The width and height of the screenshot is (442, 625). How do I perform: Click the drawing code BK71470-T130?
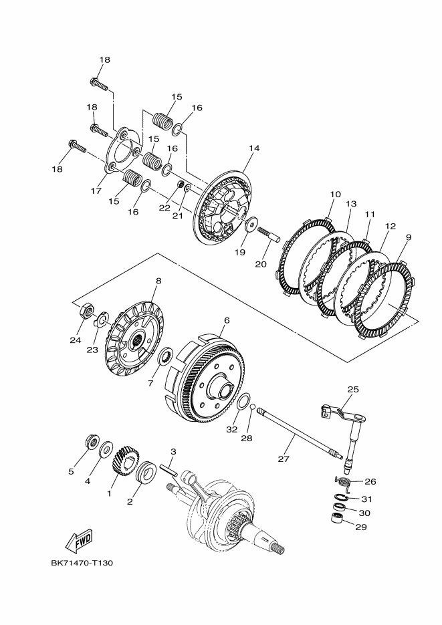(x=82, y=563)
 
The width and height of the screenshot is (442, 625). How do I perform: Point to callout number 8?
(x=158, y=281)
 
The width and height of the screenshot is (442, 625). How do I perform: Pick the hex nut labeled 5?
(x=92, y=443)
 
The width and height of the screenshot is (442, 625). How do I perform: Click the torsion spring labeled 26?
(x=342, y=481)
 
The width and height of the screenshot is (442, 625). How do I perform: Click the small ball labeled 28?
(x=252, y=406)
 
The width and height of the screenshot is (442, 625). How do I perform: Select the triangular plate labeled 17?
(x=123, y=154)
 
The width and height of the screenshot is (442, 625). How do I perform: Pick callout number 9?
(x=408, y=237)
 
